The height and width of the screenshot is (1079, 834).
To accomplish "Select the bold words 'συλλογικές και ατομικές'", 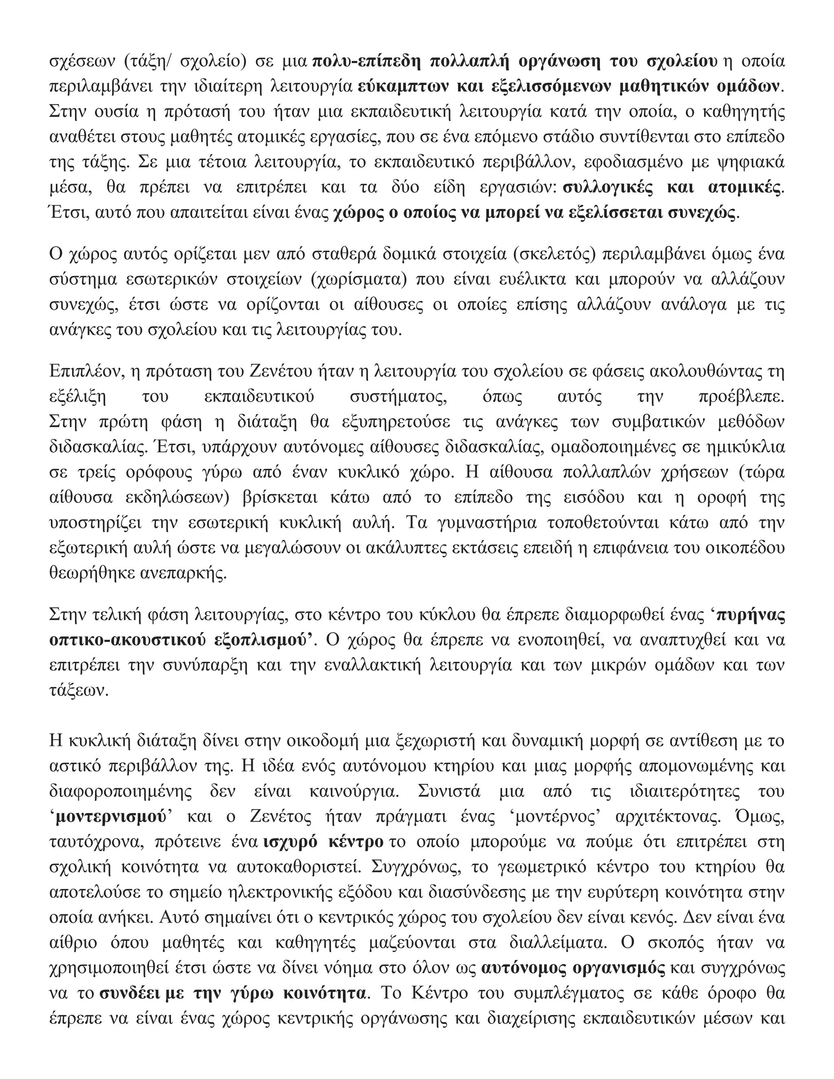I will tap(672, 188).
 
